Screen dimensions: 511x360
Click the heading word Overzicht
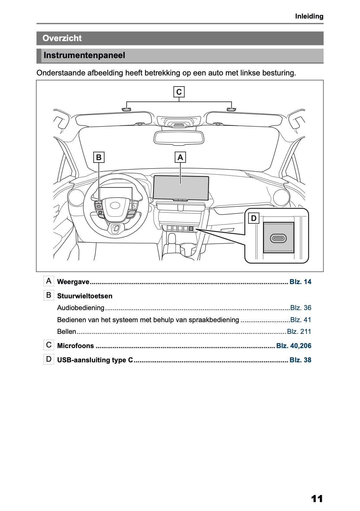coord(62,38)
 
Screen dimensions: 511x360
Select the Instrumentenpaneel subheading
coord(84,56)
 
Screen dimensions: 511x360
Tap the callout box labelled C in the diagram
coord(179,92)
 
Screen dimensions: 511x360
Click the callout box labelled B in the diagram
coord(99,157)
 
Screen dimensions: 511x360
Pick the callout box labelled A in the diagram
coord(180,157)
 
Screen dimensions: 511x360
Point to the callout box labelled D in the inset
coord(254,219)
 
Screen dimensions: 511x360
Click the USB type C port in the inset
coord(278,238)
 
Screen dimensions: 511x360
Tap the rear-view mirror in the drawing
coord(179,137)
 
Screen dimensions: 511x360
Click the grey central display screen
coord(181,187)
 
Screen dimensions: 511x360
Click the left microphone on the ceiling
coord(126,109)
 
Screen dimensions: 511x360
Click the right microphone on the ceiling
coord(231,109)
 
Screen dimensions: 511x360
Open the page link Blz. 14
coord(300,282)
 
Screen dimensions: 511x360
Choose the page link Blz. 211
coord(299,332)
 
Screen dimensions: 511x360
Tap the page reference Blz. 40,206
coord(294,346)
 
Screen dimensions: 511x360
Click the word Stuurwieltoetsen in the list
coord(85,296)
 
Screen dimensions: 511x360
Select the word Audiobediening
coord(81,308)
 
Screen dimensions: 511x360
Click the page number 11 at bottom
coord(317,499)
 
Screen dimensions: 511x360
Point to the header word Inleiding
coord(309,16)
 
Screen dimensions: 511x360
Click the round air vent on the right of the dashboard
coord(281,197)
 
